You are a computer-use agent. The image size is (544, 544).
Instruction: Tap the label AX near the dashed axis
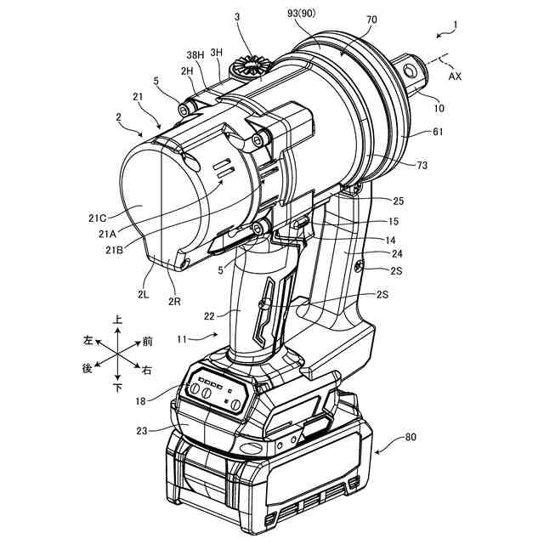tap(456, 75)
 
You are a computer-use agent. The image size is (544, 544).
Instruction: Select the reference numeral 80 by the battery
tap(410, 439)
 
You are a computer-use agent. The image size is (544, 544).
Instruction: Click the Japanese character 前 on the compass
tap(148, 341)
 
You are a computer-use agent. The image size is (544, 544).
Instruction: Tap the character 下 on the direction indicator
tap(117, 388)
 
